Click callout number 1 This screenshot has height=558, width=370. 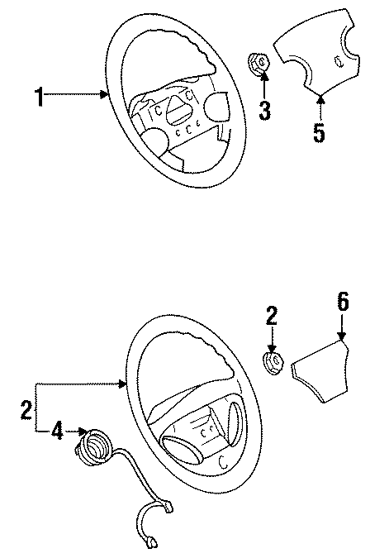(38, 120)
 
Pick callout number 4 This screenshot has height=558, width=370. (57, 430)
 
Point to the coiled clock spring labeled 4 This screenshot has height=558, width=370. (92, 446)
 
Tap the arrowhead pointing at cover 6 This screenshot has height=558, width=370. (341, 336)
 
